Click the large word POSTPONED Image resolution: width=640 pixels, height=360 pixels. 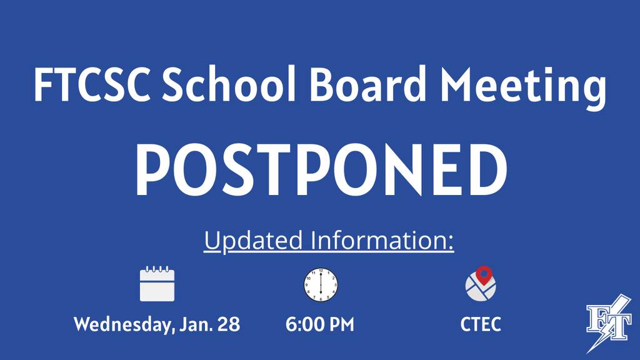coord(321,168)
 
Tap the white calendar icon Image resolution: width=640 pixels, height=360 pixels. coord(157,284)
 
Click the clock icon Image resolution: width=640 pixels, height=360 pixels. coord(320,284)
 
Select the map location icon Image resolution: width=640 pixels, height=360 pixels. coord(480,286)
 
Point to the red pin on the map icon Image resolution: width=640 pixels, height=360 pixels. coord(484,273)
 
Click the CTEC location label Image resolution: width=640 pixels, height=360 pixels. coord(481,325)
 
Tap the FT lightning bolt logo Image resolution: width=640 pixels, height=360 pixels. coord(608,324)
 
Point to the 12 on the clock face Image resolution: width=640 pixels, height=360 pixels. coord(320,271)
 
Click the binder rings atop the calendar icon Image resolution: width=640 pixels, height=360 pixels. coord(157,269)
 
